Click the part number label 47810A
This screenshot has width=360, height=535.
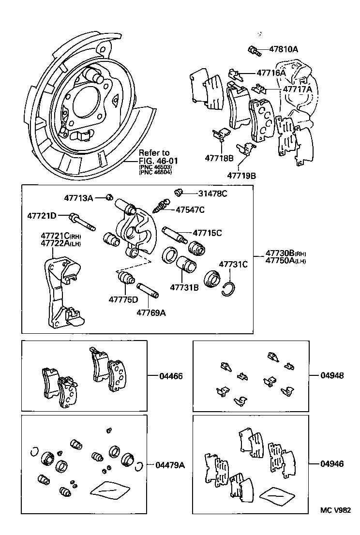(284, 49)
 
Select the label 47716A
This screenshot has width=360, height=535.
(271, 73)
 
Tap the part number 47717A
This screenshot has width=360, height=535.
(298, 89)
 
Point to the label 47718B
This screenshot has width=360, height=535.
(219, 158)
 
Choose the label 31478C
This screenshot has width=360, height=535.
(212, 193)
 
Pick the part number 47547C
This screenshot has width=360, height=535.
(190, 209)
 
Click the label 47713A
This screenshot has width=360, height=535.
(78, 197)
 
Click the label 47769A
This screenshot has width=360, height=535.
(151, 312)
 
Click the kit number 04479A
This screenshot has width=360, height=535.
(170, 465)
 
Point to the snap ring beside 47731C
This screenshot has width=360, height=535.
(231, 288)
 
